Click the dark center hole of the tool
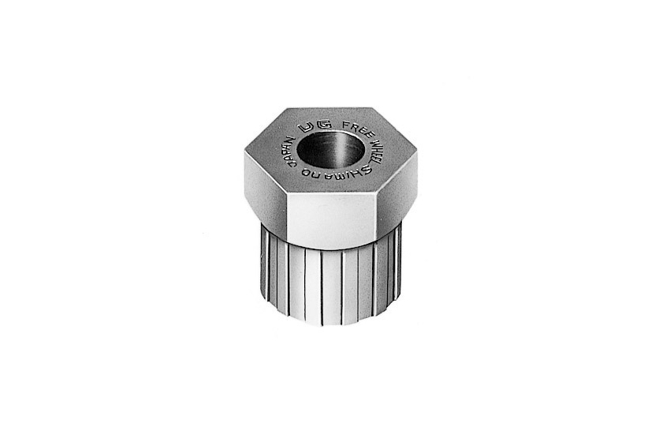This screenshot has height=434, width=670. (x=331, y=149)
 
